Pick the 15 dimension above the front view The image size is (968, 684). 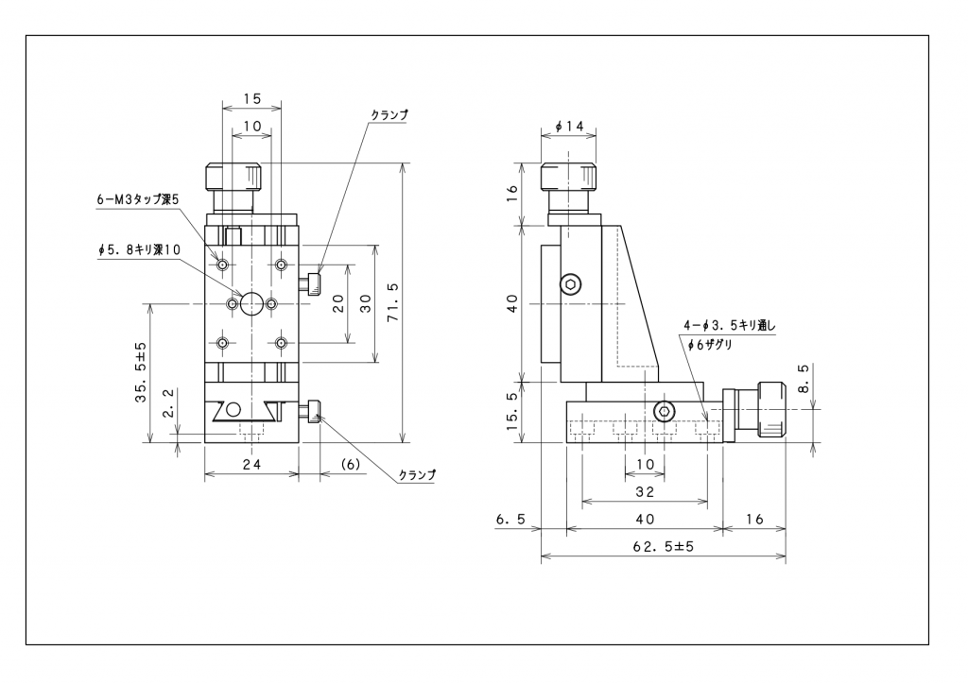(251, 97)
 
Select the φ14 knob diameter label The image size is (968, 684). (569, 125)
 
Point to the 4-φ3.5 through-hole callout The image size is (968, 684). (728, 326)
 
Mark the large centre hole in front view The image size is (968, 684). (251, 303)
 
